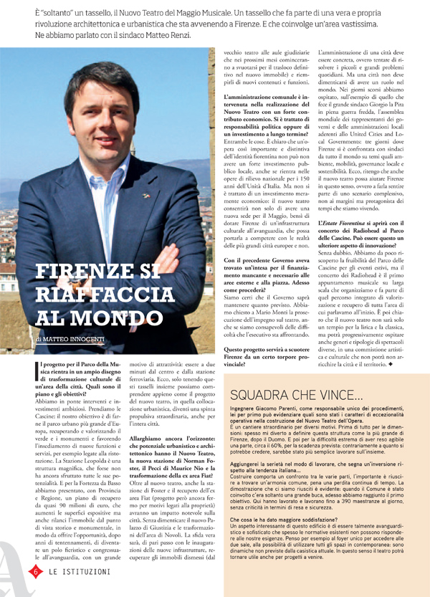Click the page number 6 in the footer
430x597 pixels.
click(34, 571)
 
